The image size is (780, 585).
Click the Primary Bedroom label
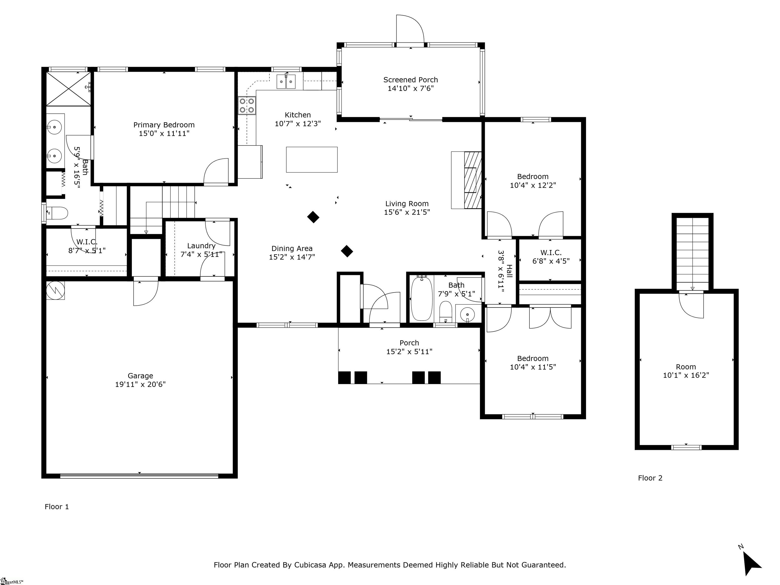coord(164,125)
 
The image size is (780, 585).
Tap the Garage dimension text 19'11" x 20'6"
coord(140,384)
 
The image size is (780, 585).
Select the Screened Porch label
coord(411,80)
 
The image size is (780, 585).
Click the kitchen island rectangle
coord(312,160)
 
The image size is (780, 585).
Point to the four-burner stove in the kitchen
coord(247,105)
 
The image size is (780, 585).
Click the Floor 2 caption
coord(650,478)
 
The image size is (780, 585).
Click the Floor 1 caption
coord(57,507)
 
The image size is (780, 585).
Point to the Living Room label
coord(407,204)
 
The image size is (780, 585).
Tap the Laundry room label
coord(201,246)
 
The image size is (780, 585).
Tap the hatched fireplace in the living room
coord(473,180)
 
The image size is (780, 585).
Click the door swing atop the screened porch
coord(410,29)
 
